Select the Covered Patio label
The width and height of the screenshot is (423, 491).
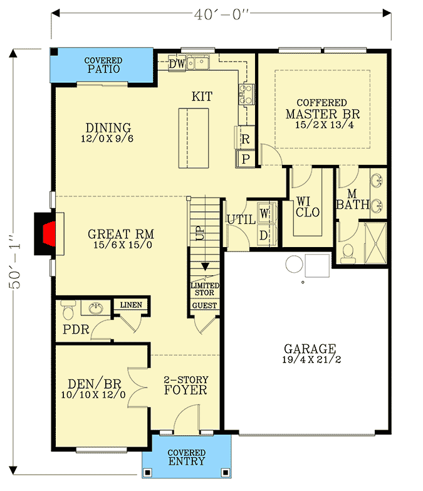tap(103, 65)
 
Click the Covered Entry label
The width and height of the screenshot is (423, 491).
tap(187, 457)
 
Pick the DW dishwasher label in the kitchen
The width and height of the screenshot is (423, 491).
tap(177, 63)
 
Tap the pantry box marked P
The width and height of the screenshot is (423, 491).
tap(245, 159)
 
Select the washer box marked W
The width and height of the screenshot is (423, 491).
tap(264, 214)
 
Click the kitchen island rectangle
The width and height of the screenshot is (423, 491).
tap(194, 137)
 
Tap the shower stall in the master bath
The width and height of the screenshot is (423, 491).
tap(375, 242)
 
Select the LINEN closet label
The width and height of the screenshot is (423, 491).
tap(130, 305)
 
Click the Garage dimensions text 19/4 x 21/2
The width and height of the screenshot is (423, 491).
tap(310, 360)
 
